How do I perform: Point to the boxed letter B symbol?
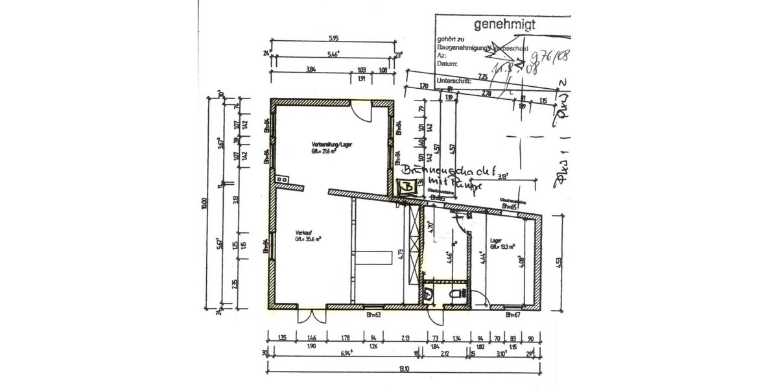[407, 187]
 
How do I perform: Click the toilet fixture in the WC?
[460, 294]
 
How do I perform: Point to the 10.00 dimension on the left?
[205, 205]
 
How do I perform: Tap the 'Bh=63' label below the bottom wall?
[373, 316]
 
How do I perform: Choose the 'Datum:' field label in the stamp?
[448, 64]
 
